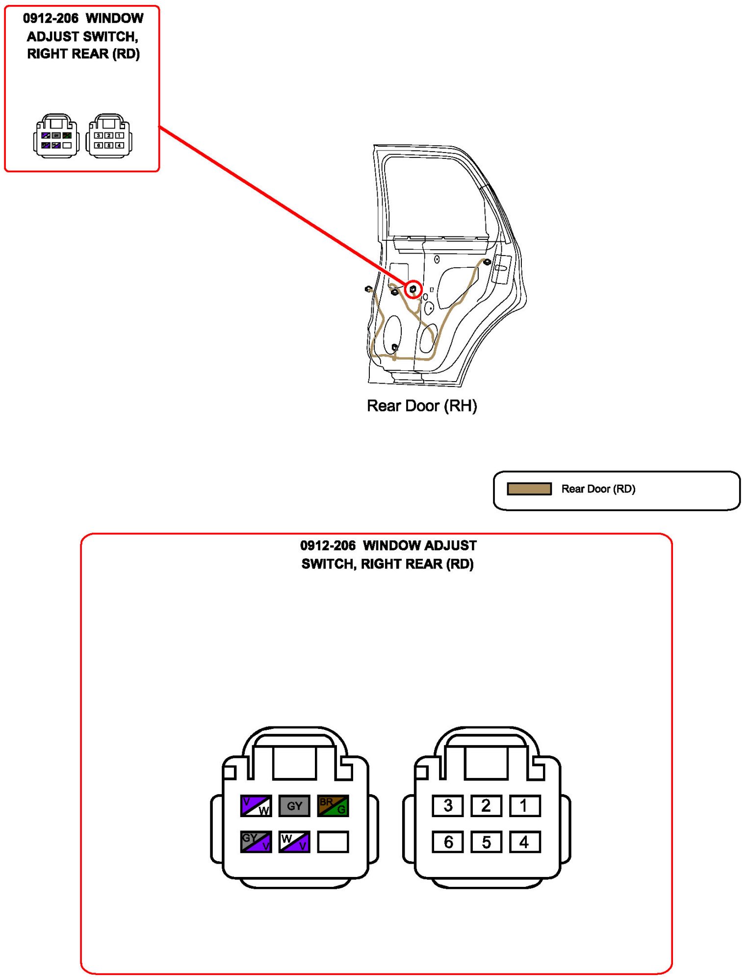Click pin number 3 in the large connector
click(x=447, y=805)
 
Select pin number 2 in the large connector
click(x=486, y=805)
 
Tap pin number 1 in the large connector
click(x=524, y=805)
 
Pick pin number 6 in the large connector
click(x=447, y=842)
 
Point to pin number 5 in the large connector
click(x=486, y=842)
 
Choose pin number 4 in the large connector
click(x=524, y=842)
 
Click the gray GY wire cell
click(x=294, y=805)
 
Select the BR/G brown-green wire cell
click(x=333, y=805)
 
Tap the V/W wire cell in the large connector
click(x=256, y=805)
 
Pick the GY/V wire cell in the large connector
click(x=256, y=842)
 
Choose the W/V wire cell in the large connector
click(x=294, y=842)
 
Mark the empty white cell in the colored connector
click(x=333, y=842)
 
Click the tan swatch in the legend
click(x=529, y=489)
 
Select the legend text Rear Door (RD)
click(x=598, y=489)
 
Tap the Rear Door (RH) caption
click(x=422, y=406)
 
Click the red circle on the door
click(x=413, y=289)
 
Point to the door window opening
click(x=434, y=196)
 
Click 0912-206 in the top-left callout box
click(x=51, y=19)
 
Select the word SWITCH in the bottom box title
click(x=328, y=564)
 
